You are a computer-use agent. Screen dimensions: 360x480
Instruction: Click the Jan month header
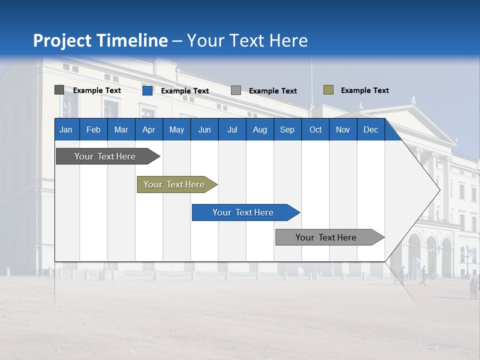[66, 130]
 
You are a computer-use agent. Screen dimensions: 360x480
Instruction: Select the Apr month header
[148, 130]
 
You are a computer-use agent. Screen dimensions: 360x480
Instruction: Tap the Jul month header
[232, 130]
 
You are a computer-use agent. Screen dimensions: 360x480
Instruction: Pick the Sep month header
[287, 130]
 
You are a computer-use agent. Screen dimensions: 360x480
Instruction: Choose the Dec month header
[370, 130]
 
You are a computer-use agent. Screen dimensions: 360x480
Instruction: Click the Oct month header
[315, 130]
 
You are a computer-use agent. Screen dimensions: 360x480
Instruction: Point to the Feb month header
[93, 130]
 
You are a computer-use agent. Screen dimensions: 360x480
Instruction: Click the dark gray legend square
[59, 90]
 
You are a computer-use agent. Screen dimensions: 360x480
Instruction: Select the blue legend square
[147, 90]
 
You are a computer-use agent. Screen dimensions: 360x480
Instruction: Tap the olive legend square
[328, 90]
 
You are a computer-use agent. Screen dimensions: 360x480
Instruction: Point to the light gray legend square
[235, 90]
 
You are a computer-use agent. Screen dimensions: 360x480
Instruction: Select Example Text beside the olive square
[364, 90]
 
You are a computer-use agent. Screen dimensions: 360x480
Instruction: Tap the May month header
[176, 130]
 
